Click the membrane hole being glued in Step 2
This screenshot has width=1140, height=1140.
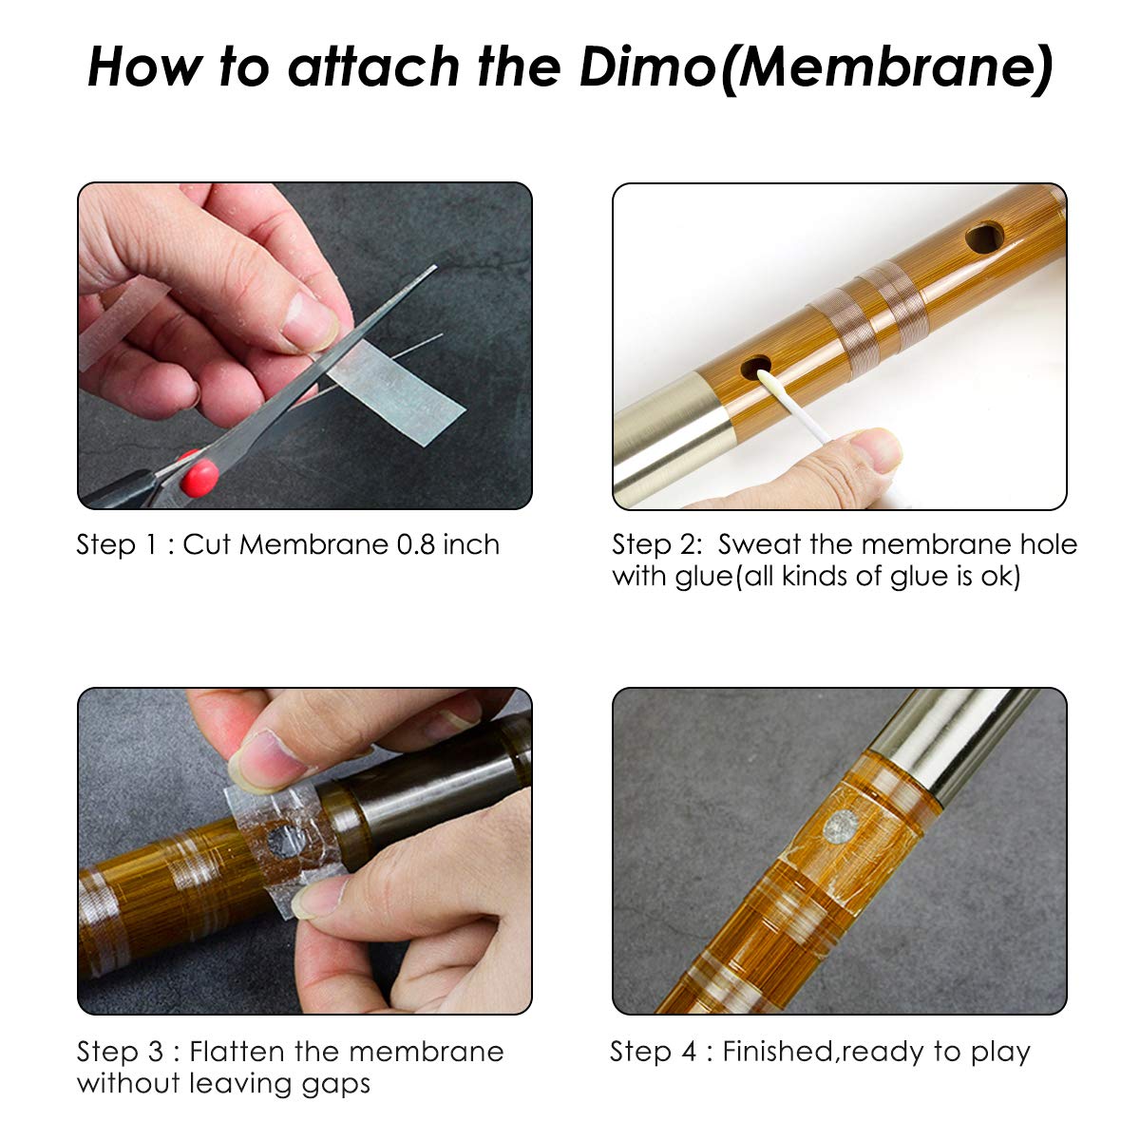coord(755,366)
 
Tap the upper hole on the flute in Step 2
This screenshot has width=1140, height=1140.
coord(984,237)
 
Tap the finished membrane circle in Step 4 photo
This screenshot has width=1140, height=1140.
coord(843,824)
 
